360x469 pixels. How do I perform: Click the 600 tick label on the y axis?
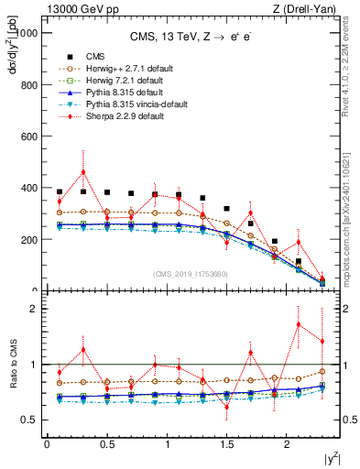(x=27, y=136)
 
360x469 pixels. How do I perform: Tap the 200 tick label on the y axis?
(x=27, y=240)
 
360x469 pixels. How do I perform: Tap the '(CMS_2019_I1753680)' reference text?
(x=191, y=274)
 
